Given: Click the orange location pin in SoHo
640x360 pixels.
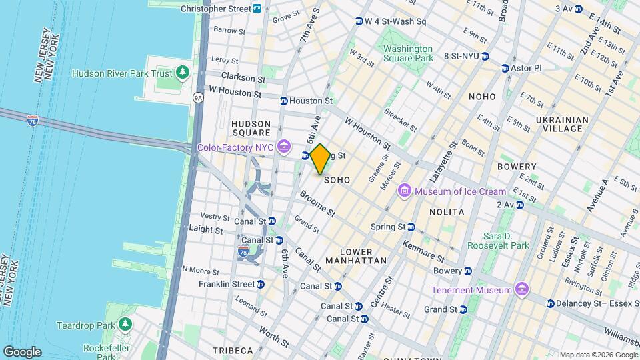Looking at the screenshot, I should (320, 159).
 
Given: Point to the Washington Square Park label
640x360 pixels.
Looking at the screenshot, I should (408, 54).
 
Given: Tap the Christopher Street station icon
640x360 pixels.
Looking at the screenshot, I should (257, 9).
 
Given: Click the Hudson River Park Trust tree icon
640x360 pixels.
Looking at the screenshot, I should (182, 73).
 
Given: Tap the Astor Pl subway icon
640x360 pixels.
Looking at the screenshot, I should (505, 68).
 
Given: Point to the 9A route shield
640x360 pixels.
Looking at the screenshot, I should (198, 98).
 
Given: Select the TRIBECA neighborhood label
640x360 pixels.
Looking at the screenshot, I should (233, 351).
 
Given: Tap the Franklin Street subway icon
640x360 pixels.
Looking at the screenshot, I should (261, 284).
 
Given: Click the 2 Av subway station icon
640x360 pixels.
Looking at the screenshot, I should (519, 205).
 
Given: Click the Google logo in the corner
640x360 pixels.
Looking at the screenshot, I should (22, 352).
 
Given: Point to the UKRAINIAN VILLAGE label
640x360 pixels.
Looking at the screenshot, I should (563, 125).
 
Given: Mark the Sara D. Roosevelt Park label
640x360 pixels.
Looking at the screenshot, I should (507, 241).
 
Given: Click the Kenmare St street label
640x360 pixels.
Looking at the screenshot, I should (424, 251).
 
